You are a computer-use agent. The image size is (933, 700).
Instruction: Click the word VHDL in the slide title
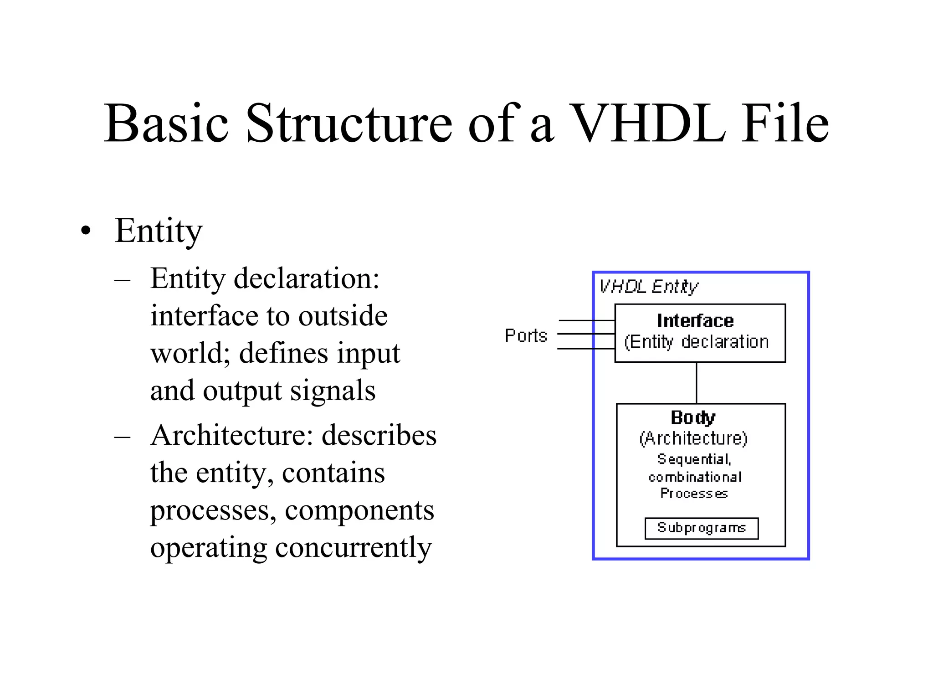(x=647, y=124)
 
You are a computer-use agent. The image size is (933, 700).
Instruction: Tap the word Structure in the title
(x=349, y=124)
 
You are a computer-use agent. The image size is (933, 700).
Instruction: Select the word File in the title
(x=785, y=124)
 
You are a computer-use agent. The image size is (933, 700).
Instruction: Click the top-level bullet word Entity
(x=158, y=231)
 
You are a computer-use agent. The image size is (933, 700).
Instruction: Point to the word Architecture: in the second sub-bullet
(x=232, y=435)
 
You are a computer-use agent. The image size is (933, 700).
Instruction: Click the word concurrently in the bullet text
(x=353, y=547)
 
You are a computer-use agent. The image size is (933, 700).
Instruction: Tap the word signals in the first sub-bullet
(x=333, y=391)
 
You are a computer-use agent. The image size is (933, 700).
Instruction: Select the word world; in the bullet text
(x=190, y=353)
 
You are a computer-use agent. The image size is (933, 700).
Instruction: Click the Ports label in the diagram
(x=526, y=336)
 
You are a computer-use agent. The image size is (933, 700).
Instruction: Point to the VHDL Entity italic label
(x=648, y=287)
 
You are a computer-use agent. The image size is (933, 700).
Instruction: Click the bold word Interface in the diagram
(x=695, y=321)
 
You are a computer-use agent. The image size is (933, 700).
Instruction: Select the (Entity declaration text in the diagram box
(x=696, y=342)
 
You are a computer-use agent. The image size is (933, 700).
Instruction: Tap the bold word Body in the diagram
(x=693, y=417)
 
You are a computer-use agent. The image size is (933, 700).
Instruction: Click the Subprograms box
(x=702, y=528)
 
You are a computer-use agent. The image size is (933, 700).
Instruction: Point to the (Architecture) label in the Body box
(x=693, y=438)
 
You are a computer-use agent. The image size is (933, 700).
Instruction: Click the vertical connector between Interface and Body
(x=697, y=383)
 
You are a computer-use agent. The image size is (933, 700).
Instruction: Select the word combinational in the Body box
(x=695, y=477)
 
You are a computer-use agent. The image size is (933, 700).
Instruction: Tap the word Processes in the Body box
(x=694, y=494)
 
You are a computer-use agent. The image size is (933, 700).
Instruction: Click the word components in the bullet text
(x=359, y=510)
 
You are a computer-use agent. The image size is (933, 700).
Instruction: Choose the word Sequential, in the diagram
(x=694, y=459)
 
